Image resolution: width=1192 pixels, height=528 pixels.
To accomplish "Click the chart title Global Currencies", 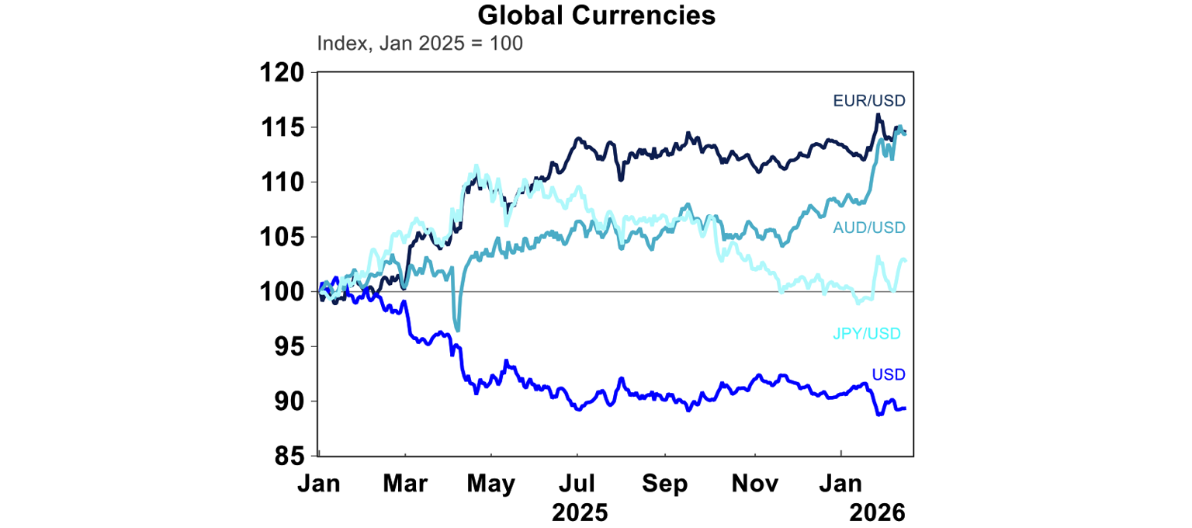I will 596,15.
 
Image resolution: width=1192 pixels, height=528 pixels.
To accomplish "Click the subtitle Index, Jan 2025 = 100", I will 420,43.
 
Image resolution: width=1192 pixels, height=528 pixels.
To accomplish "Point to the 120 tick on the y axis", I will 282,73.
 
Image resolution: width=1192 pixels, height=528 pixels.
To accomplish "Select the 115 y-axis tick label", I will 282,127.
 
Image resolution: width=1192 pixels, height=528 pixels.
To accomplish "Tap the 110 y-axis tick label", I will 282,182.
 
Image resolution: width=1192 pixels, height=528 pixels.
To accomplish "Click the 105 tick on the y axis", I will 282,237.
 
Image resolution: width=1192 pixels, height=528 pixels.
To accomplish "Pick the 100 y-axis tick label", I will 282,292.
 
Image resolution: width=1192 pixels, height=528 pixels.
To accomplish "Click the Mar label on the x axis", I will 406,483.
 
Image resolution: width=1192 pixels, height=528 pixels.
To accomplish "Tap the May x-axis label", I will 491,483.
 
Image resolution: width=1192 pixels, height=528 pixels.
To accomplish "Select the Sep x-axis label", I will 665,483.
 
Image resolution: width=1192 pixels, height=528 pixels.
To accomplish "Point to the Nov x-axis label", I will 755,483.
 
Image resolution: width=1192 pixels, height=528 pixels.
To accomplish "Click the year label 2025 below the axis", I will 580,512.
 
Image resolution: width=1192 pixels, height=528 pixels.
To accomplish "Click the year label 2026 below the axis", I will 877,512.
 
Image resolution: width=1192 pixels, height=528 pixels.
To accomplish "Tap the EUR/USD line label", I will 869,100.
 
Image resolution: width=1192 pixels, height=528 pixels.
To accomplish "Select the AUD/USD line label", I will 869,228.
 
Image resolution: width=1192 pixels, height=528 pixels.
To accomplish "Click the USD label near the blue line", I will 889,375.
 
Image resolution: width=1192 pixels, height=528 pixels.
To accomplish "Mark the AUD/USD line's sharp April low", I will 458,329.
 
